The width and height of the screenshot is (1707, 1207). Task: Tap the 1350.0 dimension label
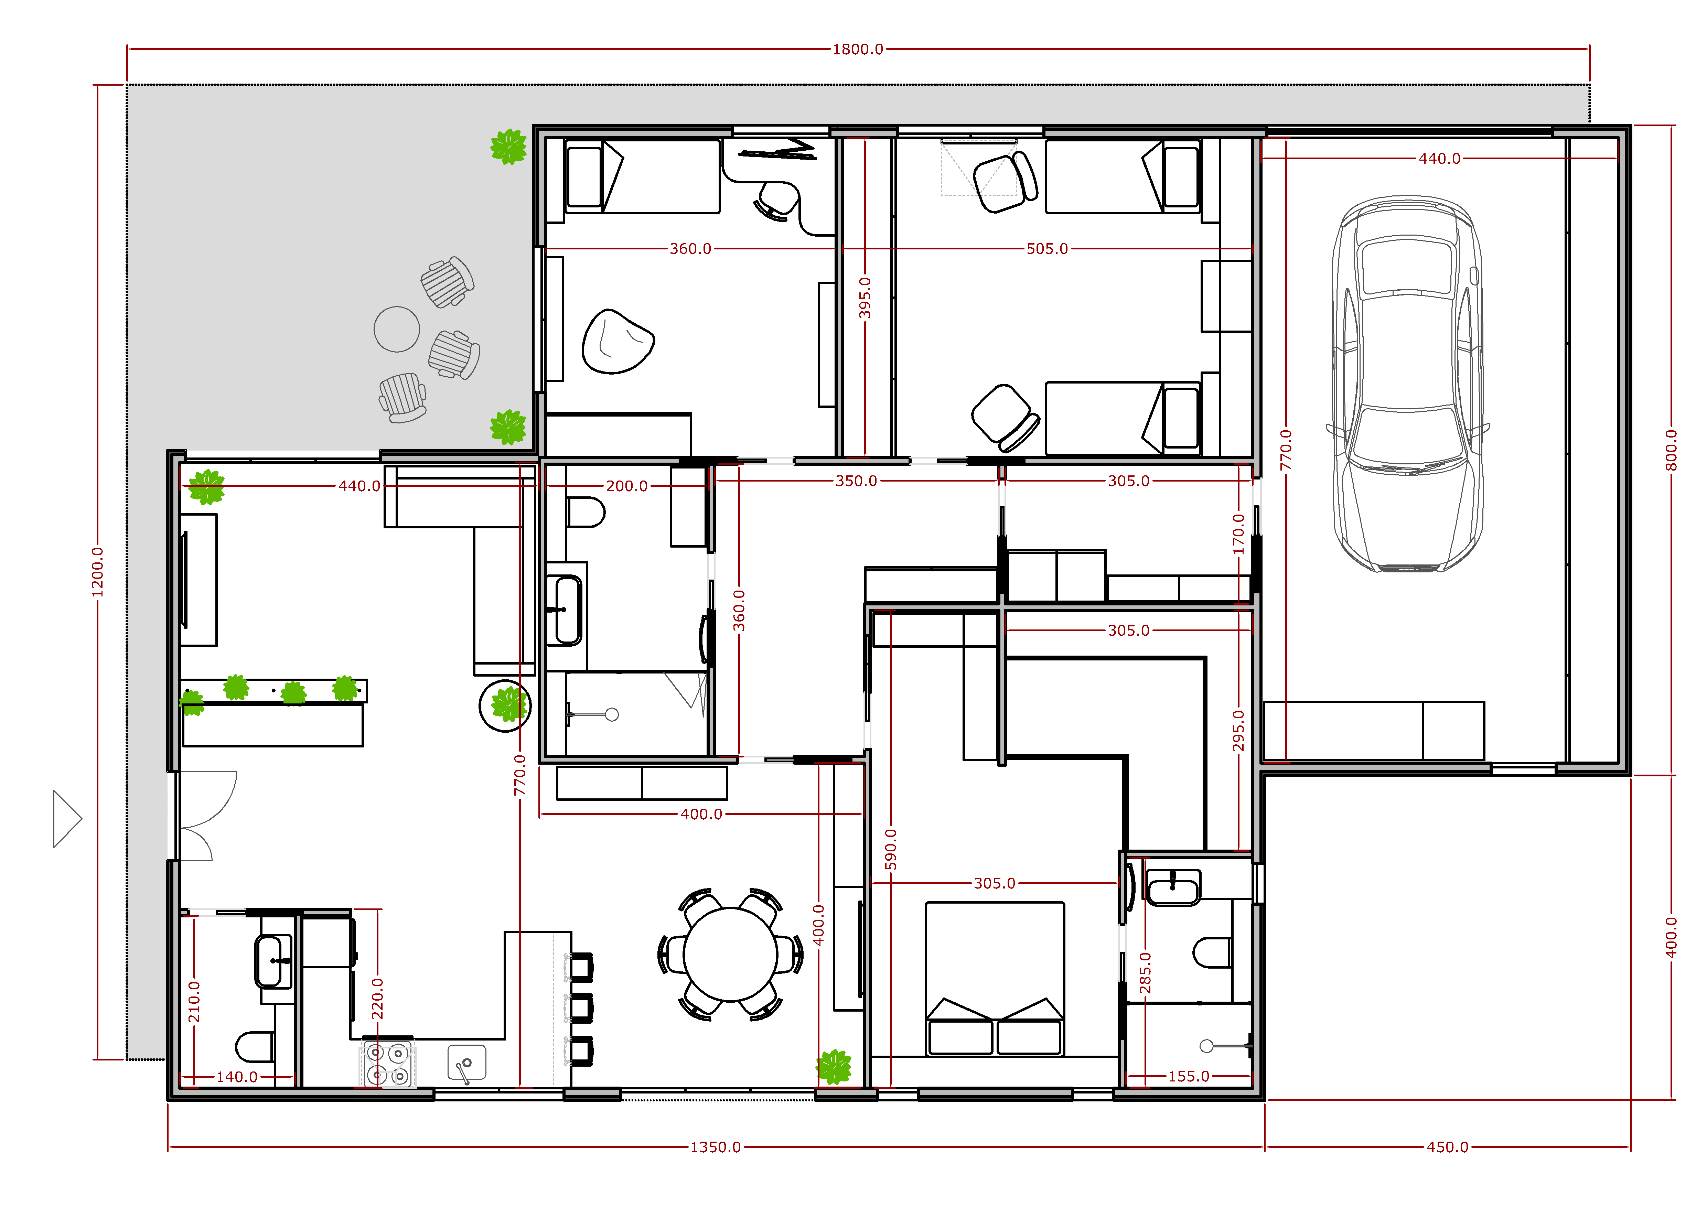[715, 1147]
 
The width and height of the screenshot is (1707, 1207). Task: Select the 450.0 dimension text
[1448, 1147]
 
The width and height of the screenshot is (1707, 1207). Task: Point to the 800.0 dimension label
[1671, 450]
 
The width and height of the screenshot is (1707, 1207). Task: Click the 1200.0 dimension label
[97, 572]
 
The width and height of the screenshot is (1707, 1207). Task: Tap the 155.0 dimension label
[1189, 1076]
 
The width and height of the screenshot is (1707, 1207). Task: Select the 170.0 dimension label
[1238, 534]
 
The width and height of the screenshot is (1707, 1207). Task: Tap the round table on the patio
[396, 329]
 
